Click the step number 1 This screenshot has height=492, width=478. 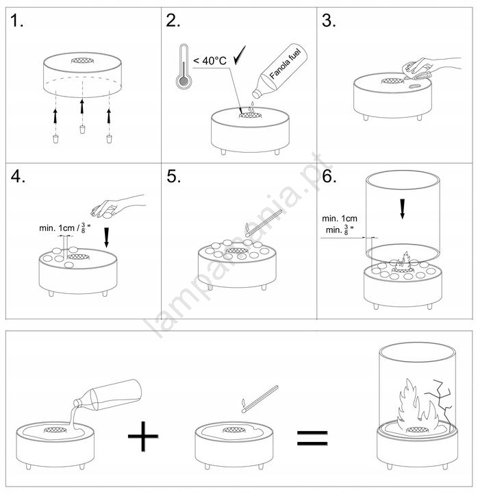pyautogui.click(x=16, y=21)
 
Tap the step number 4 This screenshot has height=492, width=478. pyautogui.click(x=18, y=176)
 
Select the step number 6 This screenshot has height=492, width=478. pyautogui.click(x=329, y=176)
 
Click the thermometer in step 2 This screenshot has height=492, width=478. pyautogui.click(x=184, y=66)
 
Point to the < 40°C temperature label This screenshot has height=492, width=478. pyautogui.click(x=210, y=60)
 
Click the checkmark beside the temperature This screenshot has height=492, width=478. pyautogui.click(x=240, y=56)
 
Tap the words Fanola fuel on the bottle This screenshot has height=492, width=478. pyautogui.click(x=285, y=64)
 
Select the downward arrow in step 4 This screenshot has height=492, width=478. pyautogui.click(x=107, y=238)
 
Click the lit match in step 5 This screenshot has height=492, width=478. pyautogui.click(x=264, y=223)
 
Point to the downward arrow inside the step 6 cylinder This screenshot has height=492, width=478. pyautogui.click(x=403, y=209)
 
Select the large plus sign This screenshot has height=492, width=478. pyautogui.click(x=143, y=436)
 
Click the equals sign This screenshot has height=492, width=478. pyautogui.click(x=312, y=438)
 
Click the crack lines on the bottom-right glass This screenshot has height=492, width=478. pyautogui.click(x=439, y=405)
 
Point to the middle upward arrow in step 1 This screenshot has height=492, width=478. pyautogui.click(x=82, y=106)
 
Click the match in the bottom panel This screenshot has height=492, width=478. pyautogui.click(x=260, y=399)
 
